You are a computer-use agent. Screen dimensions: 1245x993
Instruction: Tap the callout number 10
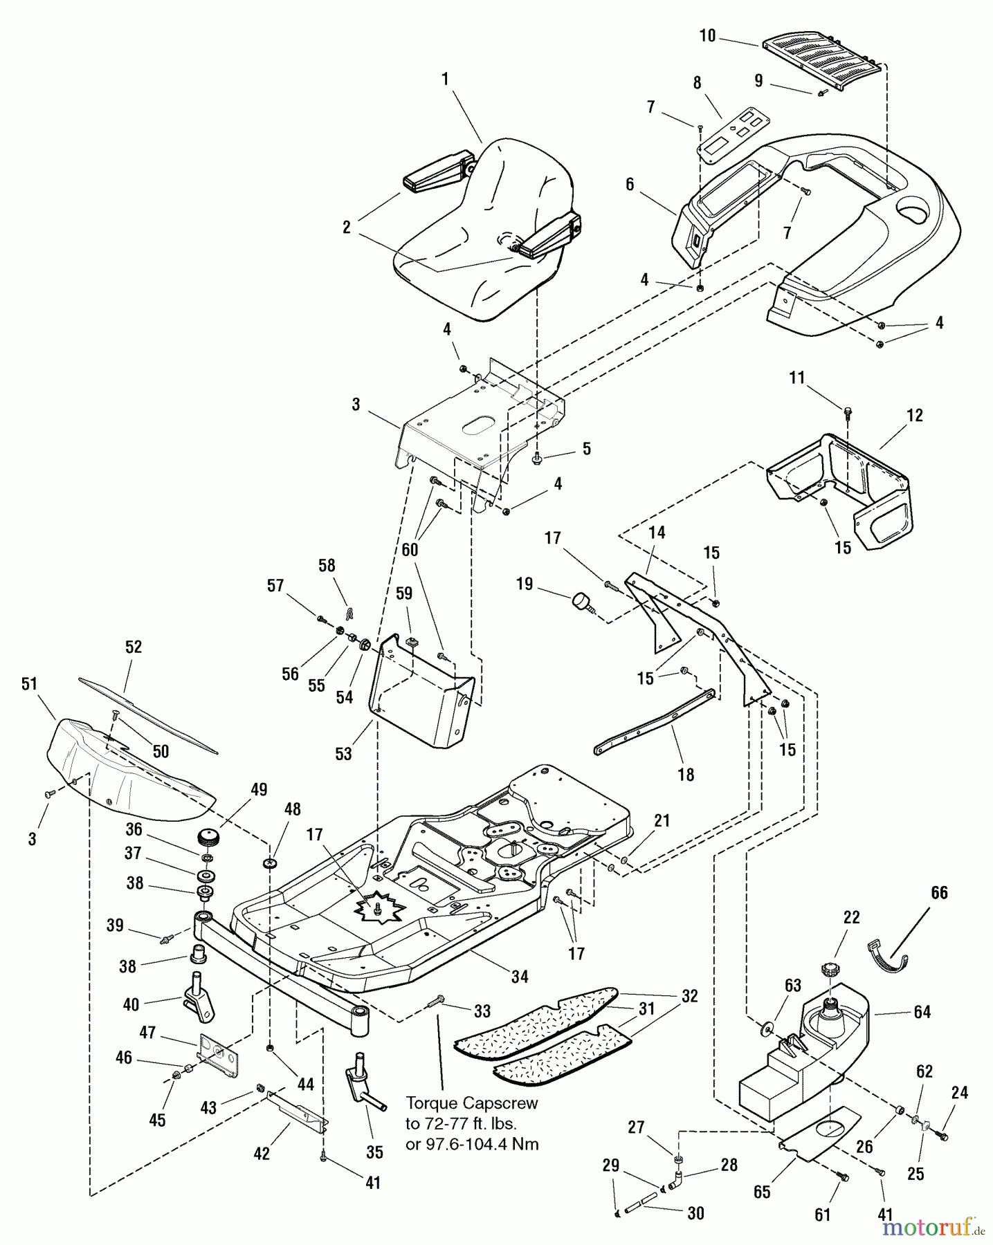coord(707,36)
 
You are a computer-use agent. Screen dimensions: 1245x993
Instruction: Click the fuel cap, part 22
coord(830,969)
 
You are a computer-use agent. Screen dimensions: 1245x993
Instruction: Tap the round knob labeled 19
coord(581,602)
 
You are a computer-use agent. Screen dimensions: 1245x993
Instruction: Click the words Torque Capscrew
coord(471,1103)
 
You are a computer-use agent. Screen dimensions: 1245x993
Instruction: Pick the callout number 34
coord(520,976)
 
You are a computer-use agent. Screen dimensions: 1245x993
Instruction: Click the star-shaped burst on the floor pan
coord(380,907)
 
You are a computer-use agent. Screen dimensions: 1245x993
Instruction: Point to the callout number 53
coord(343,753)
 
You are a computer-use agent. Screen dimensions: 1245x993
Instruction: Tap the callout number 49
coord(259,789)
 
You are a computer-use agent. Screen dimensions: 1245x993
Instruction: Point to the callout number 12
coord(914,415)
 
